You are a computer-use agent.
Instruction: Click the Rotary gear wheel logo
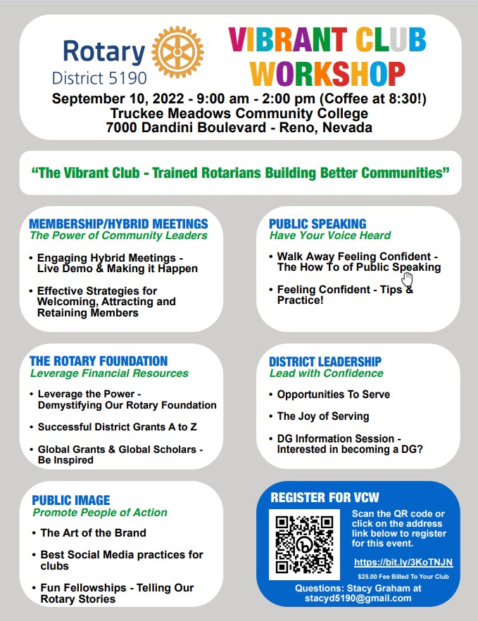click(177, 52)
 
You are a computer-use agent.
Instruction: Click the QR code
click(305, 544)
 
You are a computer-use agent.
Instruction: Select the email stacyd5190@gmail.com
click(358, 598)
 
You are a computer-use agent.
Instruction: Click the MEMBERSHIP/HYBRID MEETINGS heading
click(118, 224)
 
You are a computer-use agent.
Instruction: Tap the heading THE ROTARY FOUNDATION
click(99, 361)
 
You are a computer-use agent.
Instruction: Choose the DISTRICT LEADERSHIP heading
click(325, 361)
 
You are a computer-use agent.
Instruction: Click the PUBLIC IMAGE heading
click(71, 500)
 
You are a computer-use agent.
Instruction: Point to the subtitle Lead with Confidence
click(326, 373)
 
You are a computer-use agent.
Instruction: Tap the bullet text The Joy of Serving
click(323, 416)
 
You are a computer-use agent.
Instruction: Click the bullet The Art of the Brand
click(93, 533)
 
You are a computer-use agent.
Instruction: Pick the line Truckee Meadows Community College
click(239, 113)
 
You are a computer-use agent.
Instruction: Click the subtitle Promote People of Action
click(100, 512)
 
